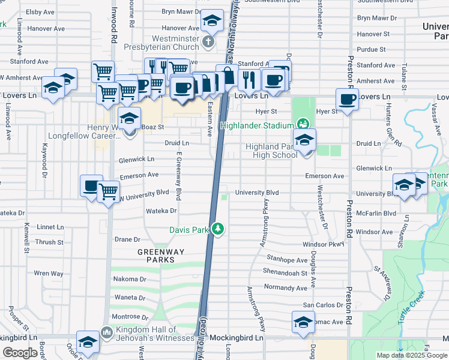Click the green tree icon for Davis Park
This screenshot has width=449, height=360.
[218, 229]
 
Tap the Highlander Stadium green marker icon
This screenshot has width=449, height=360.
[303, 125]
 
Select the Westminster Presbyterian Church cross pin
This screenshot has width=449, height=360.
[208, 41]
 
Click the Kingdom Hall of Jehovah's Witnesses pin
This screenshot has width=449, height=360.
[106, 331]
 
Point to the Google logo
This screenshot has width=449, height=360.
[20, 353]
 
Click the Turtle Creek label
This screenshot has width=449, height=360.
[411, 308]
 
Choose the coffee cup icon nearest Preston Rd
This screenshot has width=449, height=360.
[346, 99]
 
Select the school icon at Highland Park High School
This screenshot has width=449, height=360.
[305, 141]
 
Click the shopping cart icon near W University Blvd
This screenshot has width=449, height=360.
[108, 193]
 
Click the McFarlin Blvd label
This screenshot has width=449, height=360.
[376, 213]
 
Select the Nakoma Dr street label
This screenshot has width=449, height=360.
[130, 279]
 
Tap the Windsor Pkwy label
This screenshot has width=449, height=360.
[323, 244]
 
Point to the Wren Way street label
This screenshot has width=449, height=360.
[49, 274]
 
